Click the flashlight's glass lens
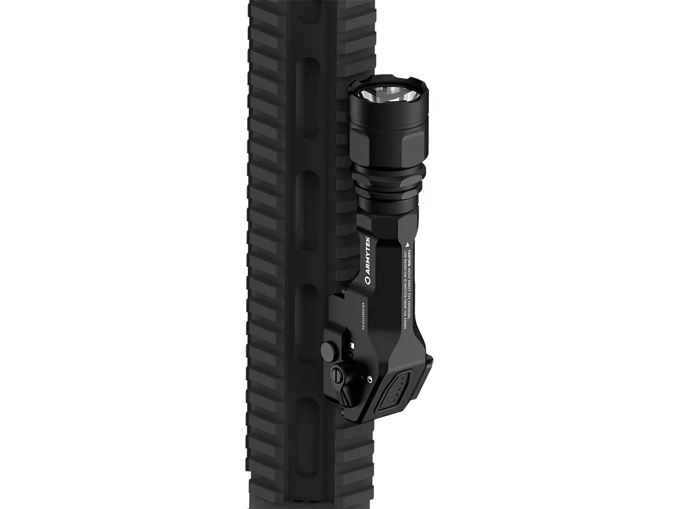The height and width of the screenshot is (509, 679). pyautogui.click(x=388, y=97)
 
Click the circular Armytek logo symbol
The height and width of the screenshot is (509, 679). pyautogui.click(x=367, y=280)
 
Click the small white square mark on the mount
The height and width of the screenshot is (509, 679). pyautogui.click(x=352, y=345)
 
